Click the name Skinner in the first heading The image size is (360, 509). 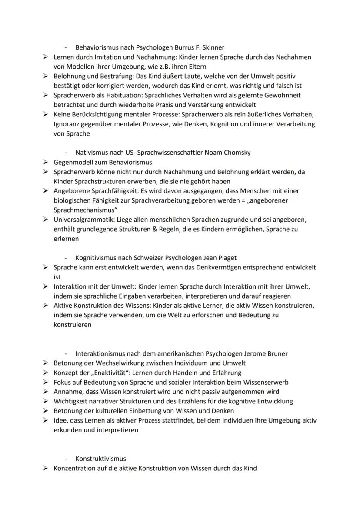point(212,47)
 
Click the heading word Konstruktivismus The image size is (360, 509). point(100,459)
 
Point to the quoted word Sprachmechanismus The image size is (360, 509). point(84,210)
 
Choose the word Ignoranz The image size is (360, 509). point(68,124)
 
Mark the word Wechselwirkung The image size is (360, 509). point(117,363)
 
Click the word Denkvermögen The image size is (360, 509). point(214,267)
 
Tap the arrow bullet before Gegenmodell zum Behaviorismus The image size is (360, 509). point(46,162)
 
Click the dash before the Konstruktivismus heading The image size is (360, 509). point(66,459)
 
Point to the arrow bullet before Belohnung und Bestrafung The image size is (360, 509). point(46,76)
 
